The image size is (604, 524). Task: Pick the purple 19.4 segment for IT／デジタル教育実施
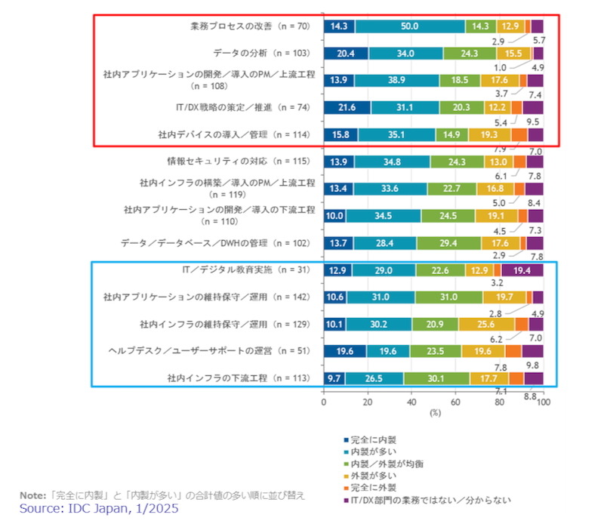[522, 270]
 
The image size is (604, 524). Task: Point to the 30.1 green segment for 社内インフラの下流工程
[436, 378]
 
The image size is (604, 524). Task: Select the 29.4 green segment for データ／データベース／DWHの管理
[449, 243]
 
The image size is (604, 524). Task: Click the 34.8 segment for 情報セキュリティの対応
[392, 162]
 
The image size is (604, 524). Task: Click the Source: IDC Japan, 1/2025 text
[99, 509]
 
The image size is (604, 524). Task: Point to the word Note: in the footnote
[32, 495]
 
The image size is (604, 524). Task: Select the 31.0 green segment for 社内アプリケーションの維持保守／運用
[448, 297]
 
